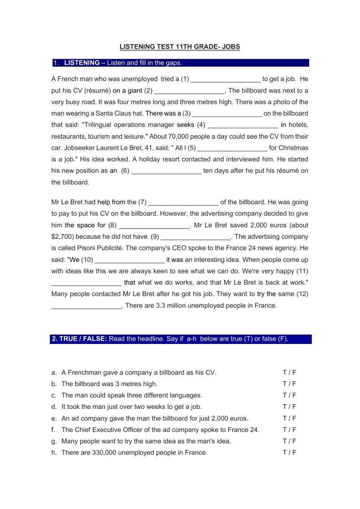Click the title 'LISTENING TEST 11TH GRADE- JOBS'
click(x=179, y=46)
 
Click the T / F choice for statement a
click(x=289, y=372)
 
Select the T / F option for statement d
click(x=289, y=407)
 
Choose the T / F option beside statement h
click(x=289, y=452)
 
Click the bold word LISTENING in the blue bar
click(x=82, y=63)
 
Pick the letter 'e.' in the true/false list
click(x=54, y=418)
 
